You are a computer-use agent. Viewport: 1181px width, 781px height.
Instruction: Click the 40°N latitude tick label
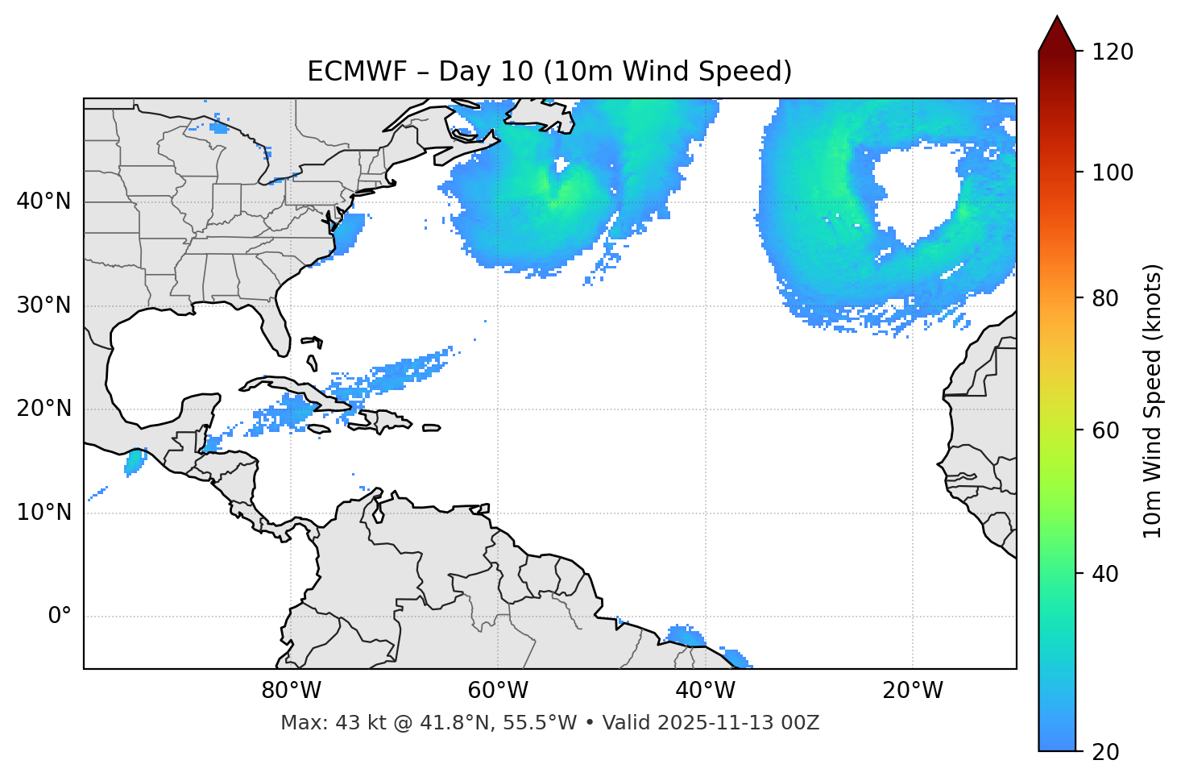(x=44, y=201)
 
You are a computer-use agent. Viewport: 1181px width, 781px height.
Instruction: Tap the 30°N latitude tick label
(x=44, y=305)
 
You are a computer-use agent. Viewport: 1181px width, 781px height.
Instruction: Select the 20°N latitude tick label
(x=44, y=409)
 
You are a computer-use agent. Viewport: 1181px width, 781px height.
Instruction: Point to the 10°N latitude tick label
(x=44, y=513)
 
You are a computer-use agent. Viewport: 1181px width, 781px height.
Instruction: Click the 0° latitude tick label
(x=60, y=617)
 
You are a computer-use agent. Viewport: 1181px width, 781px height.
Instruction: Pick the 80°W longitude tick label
(x=291, y=691)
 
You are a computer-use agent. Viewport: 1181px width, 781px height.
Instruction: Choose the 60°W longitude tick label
(x=498, y=691)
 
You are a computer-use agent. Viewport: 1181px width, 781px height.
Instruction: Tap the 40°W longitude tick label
(x=706, y=691)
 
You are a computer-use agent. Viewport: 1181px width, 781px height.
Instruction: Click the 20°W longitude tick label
(x=913, y=691)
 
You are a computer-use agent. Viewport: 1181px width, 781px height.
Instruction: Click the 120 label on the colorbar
(x=1114, y=52)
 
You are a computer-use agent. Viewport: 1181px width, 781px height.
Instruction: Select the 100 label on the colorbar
(x=1114, y=172)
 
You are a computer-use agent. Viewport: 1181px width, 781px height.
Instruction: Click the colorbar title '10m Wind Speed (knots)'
(x=1153, y=401)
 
